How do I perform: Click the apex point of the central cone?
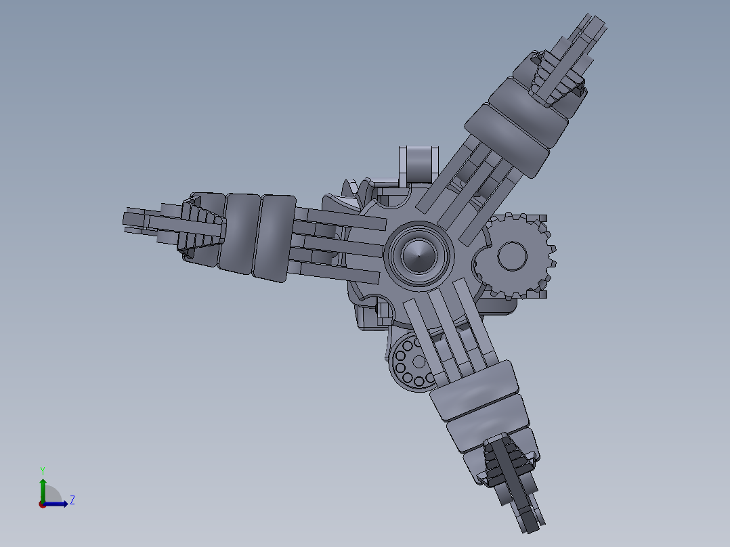[418, 256]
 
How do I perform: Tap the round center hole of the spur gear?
[513, 256]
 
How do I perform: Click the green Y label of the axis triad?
[42, 471]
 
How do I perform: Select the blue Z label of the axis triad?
[72, 500]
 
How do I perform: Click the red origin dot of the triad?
[42, 504]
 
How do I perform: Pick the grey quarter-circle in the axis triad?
[51, 495]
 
